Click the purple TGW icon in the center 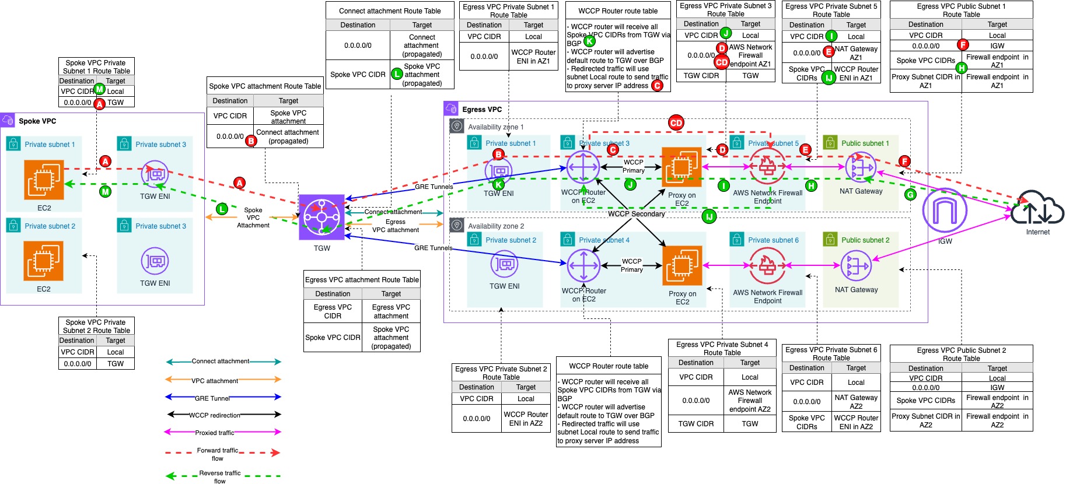(321, 218)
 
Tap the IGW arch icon (945, 211)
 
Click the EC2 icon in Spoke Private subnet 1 (44, 180)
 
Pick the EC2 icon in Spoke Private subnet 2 (44, 261)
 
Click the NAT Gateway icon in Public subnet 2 (856, 266)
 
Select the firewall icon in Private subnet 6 (767, 266)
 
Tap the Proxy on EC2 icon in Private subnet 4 (681, 266)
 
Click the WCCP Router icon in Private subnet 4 (583, 266)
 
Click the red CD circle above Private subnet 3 (676, 122)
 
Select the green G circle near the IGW (910, 195)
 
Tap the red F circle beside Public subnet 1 (904, 161)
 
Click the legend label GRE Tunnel (212, 398)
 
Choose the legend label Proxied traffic (214, 433)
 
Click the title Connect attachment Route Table (390, 10)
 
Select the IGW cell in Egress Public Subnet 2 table (997, 387)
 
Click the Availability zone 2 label (496, 226)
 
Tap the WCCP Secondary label (636, 214)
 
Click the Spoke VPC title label (37, 121)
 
